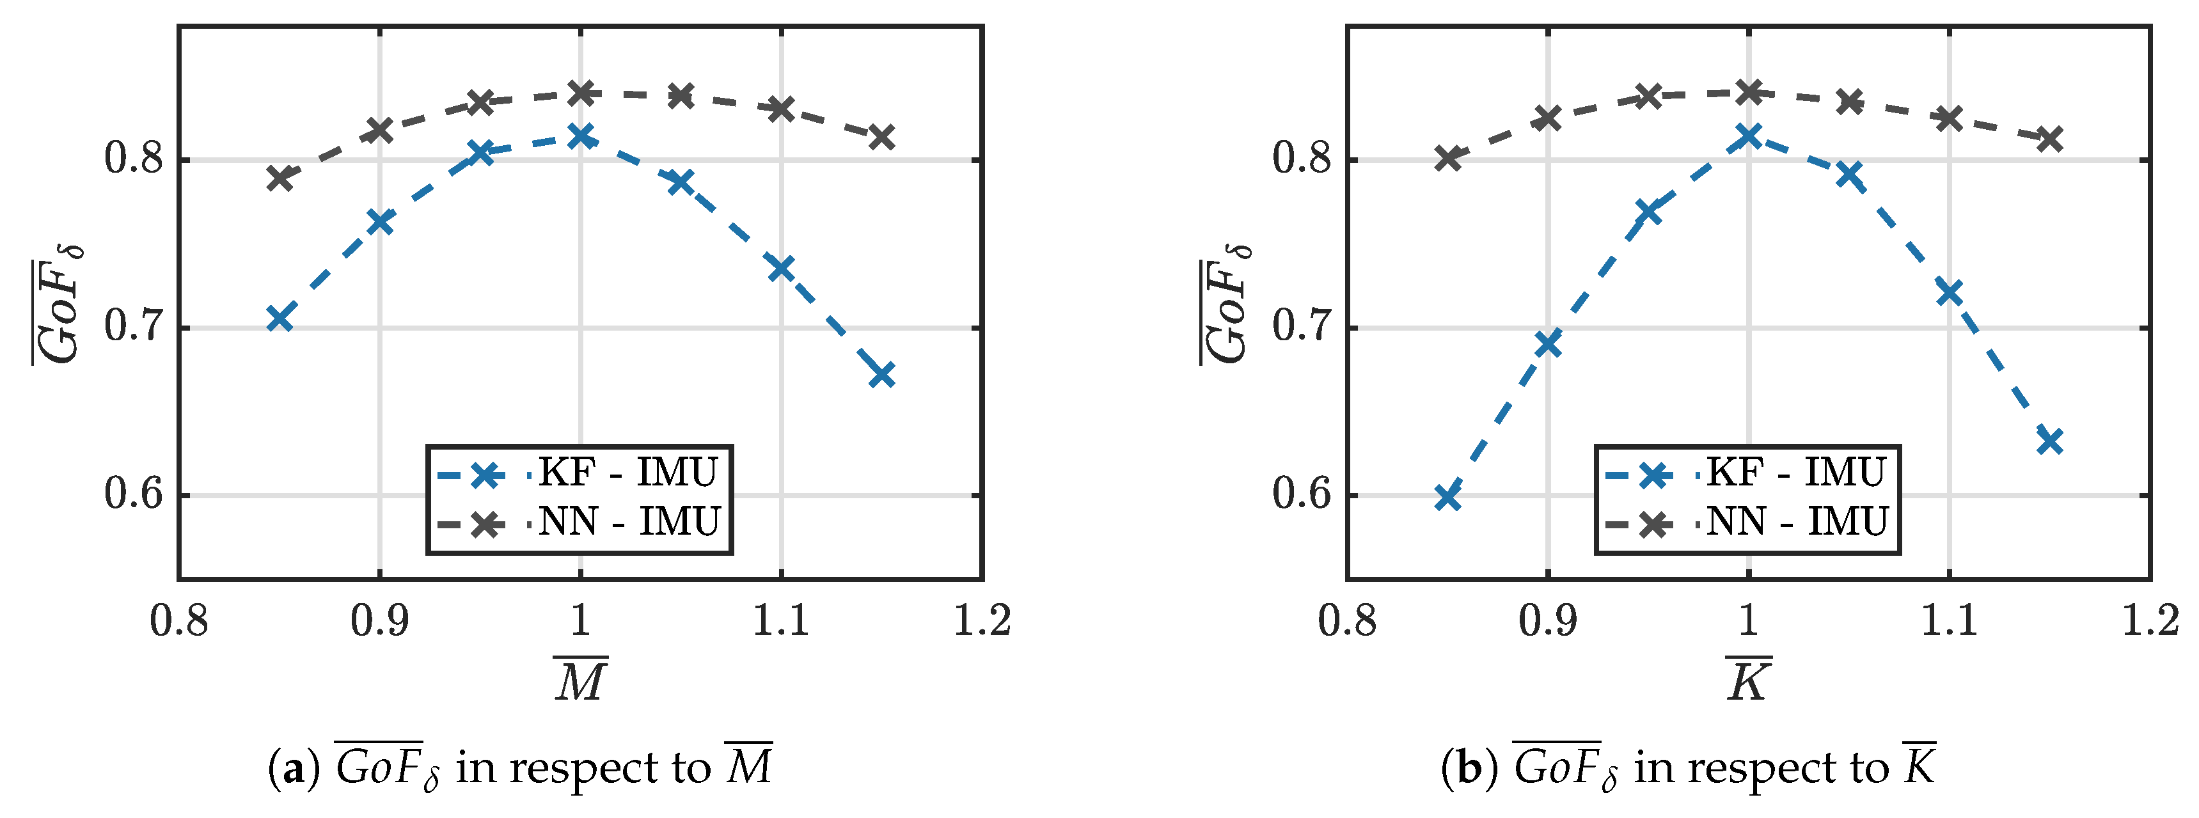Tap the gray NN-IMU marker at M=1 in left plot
[581, 92]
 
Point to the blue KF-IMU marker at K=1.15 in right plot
[2049, 441]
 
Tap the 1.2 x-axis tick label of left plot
[982, 621]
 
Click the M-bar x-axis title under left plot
[581, 679]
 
